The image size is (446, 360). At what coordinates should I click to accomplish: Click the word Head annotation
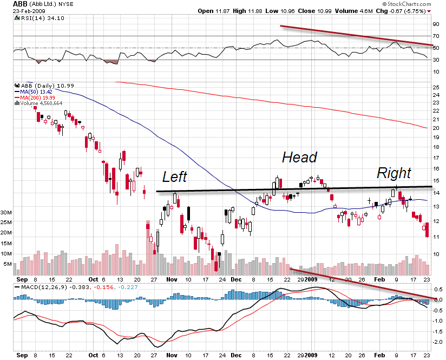299,158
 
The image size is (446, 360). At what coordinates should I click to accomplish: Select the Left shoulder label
175,176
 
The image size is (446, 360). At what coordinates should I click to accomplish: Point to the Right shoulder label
393,173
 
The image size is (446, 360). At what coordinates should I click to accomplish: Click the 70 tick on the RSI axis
436,36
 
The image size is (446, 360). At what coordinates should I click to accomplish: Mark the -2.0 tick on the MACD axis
437,342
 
